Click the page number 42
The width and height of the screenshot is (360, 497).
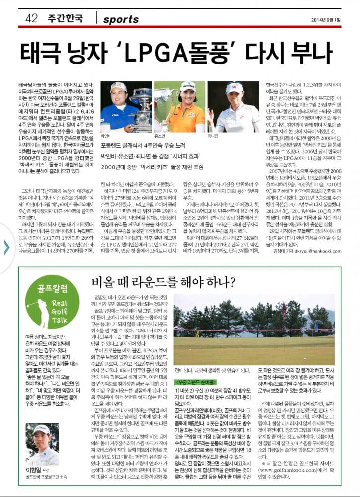tap(31, 19)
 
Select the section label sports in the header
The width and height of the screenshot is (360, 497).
tap(121, 19)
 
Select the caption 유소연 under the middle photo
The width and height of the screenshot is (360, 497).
tap(160, 135)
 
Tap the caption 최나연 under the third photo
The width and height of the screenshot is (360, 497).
tap(212, 135)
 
